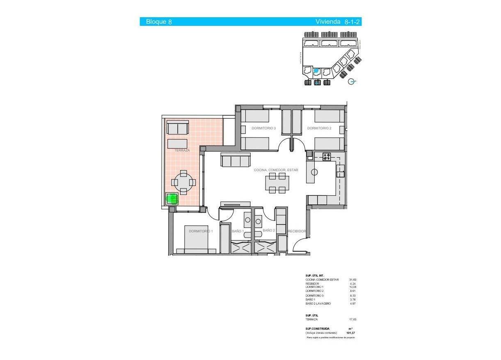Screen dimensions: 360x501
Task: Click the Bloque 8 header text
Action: [159, 22]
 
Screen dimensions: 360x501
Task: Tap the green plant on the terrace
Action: [172, 199]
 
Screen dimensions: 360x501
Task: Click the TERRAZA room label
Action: [182, 151]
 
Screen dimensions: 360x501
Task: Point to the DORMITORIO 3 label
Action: [263, 128]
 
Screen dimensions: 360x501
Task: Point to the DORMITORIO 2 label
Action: [319, 128]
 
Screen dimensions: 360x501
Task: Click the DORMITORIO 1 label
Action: [200, 232]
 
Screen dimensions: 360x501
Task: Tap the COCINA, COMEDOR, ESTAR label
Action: [276, 170]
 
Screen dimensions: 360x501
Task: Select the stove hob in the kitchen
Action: [327, 156]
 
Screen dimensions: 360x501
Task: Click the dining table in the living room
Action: [277, 183]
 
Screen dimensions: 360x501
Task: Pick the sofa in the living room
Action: [236, 160]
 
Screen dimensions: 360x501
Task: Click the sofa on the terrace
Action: [178, 128]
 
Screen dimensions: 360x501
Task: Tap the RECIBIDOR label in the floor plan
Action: [297, 232]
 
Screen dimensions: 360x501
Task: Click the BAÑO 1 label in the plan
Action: [238, 232]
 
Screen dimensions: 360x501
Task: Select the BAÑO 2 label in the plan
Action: [268, 231]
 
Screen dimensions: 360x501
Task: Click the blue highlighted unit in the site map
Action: [316, 71]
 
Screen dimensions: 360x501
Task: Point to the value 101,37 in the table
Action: [350, 333]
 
